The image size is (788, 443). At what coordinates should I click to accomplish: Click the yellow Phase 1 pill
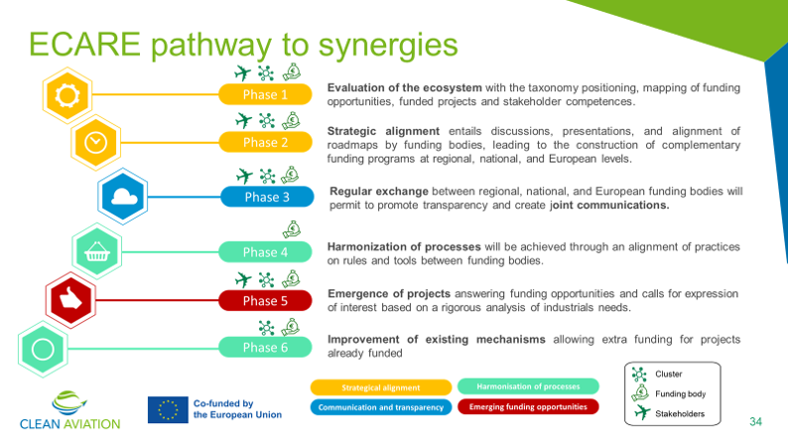click(x=265, y=94)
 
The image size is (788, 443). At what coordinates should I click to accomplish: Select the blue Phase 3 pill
click(x=267, y=197)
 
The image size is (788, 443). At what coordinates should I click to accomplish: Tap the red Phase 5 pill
click(x=265, y=301)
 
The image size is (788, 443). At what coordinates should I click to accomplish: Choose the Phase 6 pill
click(x=265, y=348)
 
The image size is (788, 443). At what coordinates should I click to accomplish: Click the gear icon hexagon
click(x=67, y=95)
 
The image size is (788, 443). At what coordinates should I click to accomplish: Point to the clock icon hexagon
click(x=95, y=143)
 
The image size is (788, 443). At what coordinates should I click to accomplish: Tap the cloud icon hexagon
click(x=123, y=196)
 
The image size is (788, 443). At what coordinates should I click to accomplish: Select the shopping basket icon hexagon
click(x=97, y=251)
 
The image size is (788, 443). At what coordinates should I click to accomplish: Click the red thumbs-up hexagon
click(x=70, y=300)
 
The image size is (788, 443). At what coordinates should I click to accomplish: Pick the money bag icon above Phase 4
click(x=292, y=229)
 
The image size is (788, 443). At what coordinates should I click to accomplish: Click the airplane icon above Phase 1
click(x=243, y=74)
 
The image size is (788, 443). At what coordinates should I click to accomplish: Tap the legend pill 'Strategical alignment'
click(x=381, y=387)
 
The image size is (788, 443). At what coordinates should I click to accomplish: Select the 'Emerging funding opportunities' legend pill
click(x=528, y=407)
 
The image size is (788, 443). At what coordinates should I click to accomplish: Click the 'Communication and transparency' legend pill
click(x=381, y=407)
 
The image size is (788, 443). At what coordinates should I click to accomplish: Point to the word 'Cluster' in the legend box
click(x=668, y=374)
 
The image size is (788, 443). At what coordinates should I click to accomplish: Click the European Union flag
click(x=168, y=410)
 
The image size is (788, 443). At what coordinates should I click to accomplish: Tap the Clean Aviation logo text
click(x=69, y=424)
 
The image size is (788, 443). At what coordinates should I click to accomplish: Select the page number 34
click(x=755, y=421)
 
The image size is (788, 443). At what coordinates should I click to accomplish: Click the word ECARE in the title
click(x=84, y=45)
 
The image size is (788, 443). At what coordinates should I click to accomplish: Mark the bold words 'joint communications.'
click(x=609, y=206)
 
